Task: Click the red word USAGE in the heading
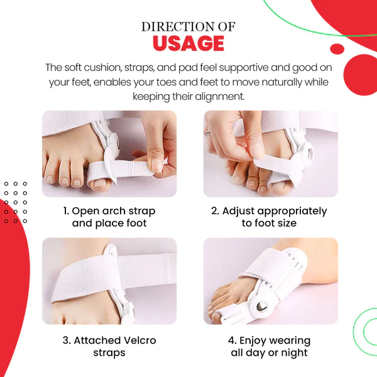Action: (188, 43)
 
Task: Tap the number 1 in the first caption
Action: (66, 211)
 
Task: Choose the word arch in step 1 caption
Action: (113, 211)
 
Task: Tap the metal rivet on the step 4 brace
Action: (261, 307)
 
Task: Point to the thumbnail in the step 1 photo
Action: (157, 165)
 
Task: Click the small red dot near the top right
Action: (337, 49)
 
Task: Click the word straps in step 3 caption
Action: (109, 353)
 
